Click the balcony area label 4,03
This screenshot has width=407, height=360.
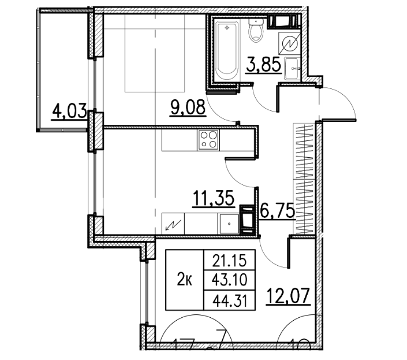click(69, 109)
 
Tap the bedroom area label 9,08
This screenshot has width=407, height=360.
click(188, 107)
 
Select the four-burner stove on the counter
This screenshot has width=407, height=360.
click(208, 140)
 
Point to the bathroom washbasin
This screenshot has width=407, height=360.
click(292, 69)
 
